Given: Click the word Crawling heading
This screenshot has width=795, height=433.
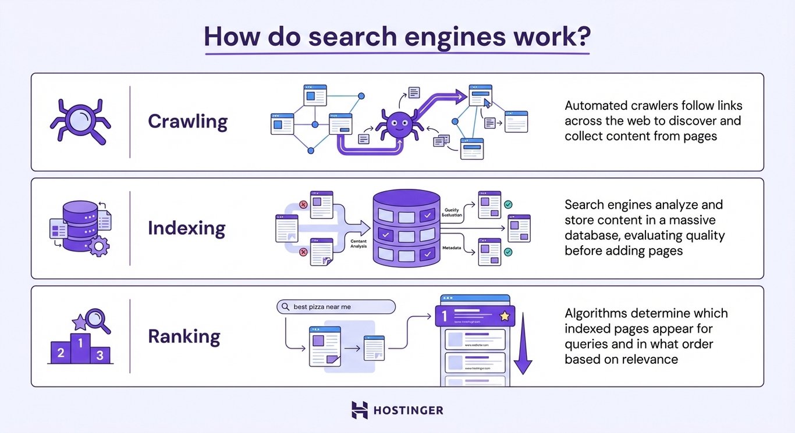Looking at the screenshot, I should (x=187, y=121).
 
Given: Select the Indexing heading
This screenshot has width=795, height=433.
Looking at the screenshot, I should (x=186, y=228).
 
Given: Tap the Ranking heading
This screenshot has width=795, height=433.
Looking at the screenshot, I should (x=184, y=337).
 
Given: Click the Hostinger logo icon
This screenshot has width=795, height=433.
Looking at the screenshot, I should (x=360, y=410).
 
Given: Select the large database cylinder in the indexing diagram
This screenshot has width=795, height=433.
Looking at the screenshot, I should (x=406, y=228).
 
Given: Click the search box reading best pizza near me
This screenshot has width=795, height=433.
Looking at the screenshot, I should (x=336, y=307).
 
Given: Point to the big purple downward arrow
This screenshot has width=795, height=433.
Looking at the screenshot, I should (x=523, y=342).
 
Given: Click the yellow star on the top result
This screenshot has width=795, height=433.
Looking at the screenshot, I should (x=504, y=316).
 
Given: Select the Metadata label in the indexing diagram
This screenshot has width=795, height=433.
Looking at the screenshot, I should (x=451, y=248).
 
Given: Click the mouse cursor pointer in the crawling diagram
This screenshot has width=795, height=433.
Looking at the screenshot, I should (x=487, y=103).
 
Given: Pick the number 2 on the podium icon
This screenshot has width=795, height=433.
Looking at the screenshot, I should (x=59, y=352).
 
